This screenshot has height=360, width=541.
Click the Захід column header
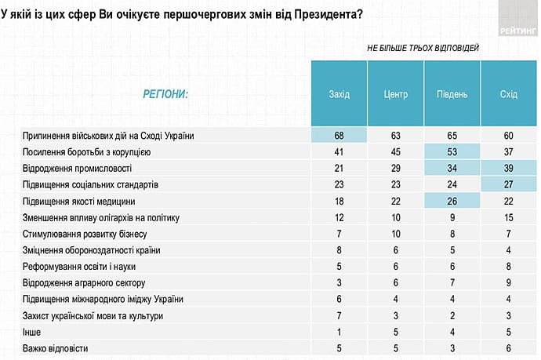point(339,94)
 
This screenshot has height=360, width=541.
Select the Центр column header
point(396,94)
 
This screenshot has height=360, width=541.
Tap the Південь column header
point(452,94)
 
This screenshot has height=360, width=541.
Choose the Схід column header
point(508,94)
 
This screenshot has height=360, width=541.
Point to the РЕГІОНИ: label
point(165,94)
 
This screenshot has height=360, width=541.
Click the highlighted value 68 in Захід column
point(339,135)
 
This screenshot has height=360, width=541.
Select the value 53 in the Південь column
point(452,151)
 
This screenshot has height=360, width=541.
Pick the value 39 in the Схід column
point(508,168)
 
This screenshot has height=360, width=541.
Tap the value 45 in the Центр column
point(396,151)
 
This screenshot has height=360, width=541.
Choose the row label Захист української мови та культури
point(96,315)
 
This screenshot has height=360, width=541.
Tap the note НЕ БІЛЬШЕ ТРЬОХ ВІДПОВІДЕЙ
point(423,48)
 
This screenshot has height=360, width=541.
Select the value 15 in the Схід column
point(508,217)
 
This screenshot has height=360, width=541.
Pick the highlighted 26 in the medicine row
point(452,201)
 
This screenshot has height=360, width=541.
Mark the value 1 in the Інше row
point(339,332)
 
